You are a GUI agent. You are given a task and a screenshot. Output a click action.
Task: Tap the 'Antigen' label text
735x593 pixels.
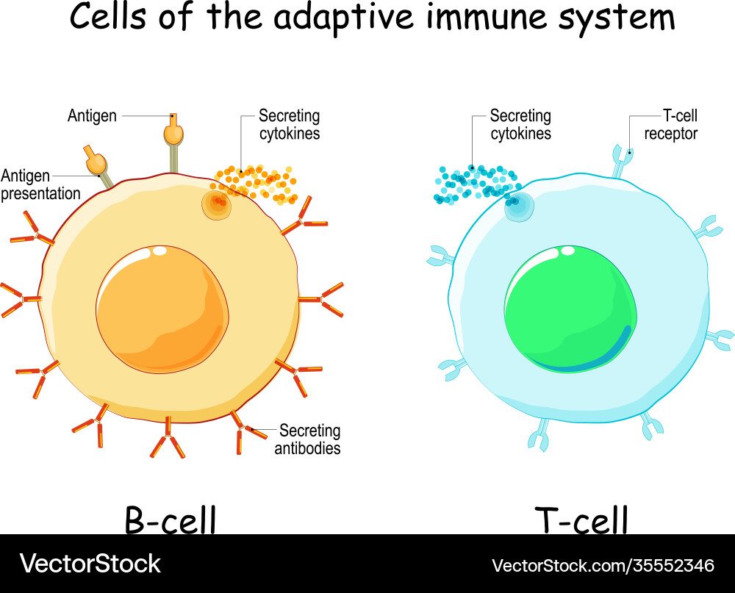coord(92,116)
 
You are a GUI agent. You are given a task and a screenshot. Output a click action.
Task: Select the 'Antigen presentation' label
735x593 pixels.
coord(40,184)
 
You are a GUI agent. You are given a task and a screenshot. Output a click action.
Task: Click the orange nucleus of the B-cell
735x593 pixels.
coord(162,309)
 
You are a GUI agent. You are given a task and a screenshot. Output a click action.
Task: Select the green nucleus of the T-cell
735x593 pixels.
coord(570,309)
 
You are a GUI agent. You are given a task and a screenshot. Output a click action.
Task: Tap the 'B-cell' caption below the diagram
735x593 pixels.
coord(170,520)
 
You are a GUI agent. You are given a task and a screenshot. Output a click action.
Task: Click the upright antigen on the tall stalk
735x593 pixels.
coord(173,132)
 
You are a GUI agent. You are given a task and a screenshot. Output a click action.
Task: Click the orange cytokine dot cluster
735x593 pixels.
coord(257,184)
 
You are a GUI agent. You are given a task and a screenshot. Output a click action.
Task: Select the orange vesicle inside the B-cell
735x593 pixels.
coord(218,204)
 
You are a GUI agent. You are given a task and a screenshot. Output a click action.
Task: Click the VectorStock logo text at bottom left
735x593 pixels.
coord(90,564)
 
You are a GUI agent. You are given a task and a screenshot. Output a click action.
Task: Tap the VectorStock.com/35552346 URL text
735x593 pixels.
coord(603,565)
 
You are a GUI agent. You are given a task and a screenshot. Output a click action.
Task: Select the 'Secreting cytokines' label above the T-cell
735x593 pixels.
coord(520,125)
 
